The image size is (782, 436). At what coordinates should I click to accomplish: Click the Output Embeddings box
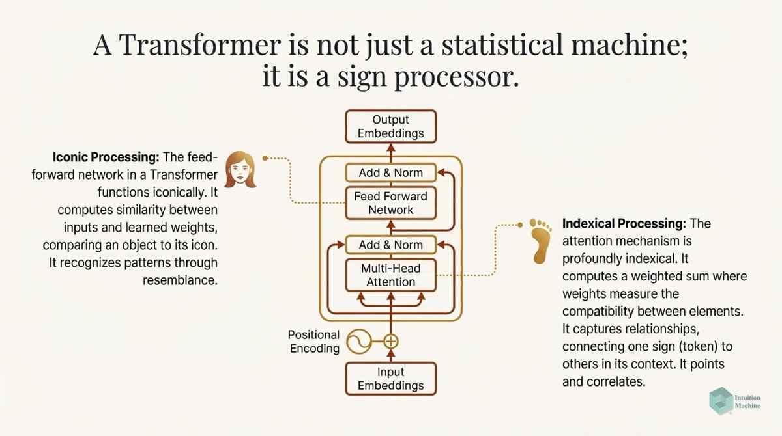[x=390, y=127]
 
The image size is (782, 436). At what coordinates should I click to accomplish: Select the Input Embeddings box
[x=390, y=379]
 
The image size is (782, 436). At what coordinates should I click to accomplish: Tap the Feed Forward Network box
[x=390, y=202]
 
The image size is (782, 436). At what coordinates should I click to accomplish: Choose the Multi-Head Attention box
[x=390, y=275]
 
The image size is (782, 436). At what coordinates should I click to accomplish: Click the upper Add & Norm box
[x=390, y=172]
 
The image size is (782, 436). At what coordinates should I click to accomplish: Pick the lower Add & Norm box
[x=390, y=245]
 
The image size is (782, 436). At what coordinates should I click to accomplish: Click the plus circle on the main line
[x=390, y=340]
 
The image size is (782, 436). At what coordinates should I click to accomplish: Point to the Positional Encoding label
[x=314, y=341]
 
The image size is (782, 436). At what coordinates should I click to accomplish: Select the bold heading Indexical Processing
[x=623, y=224]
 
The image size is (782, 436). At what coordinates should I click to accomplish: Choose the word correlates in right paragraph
[x=615, y=381]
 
